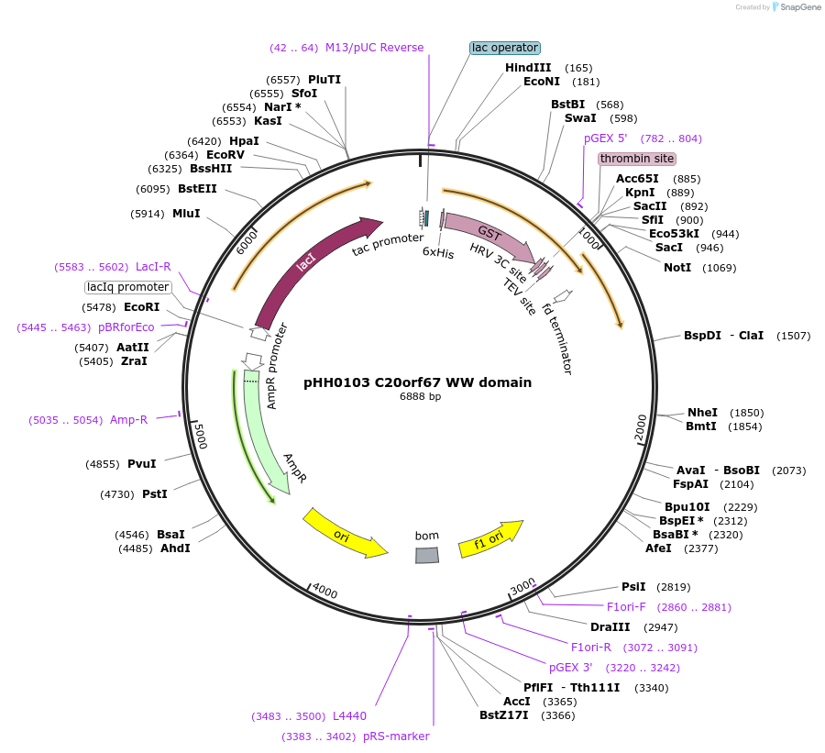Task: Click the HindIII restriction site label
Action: (x=528, y=68)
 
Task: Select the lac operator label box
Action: (x=505, y=48)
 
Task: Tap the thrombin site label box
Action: (x=637, y=159)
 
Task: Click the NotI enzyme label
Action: (x=677, y=268)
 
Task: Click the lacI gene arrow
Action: (x=307, y=266)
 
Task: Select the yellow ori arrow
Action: (x=344, y=534)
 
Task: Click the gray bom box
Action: (x=427, y=555)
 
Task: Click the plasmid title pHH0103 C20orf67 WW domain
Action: (x=417, y=382)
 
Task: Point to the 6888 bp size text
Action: (x=420, y=397)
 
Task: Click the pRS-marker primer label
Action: (x=396, y=736)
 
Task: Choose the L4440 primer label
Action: (x=349, y=715)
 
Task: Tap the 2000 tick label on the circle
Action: (x=641, y=426)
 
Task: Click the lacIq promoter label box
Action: (x=128, y=287)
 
